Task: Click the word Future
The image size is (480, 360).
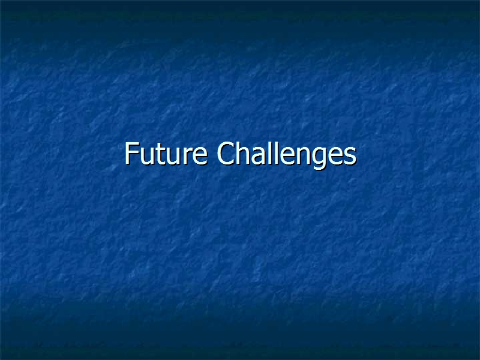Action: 166,154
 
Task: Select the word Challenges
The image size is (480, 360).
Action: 287,155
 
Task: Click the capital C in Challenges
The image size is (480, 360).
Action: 226,153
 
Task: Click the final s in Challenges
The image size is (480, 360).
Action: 351,156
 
